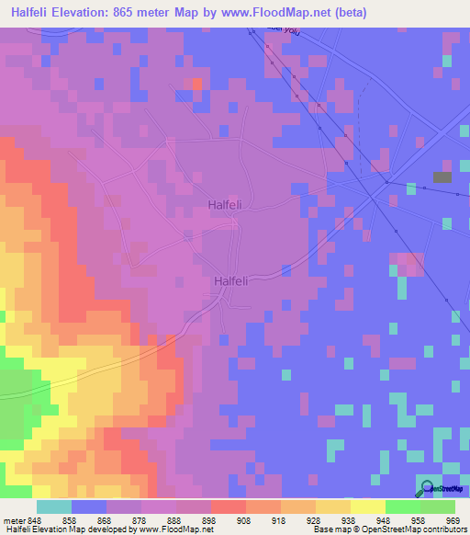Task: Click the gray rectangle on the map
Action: pyautogui.click(x=442, y=176)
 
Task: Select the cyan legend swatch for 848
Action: pyautogui.click(x=53, y=507)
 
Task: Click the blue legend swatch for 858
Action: pyautogui.click(x=88, y=507)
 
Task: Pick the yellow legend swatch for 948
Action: pyautogui.click(x=367, y=507)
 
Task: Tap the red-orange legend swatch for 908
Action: pyautogui.click(x=228, y=507)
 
